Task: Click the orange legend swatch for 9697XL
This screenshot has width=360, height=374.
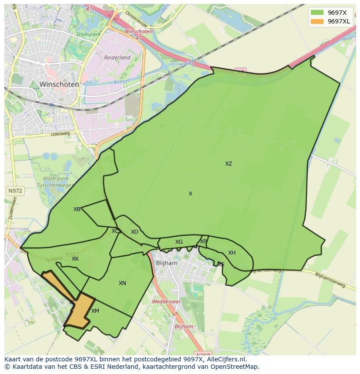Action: click(x=317, y=21)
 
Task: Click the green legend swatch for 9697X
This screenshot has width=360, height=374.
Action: click(x=317, y=12)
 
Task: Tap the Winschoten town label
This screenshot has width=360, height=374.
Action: click(x=59, y=84)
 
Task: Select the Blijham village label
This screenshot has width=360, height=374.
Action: click(x=167, y=263)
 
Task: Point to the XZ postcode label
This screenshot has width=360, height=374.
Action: click(x=229, y=164)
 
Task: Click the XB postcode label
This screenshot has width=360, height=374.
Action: click(x=77, y=209)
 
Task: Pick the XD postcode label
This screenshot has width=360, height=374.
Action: click(x=134, y=232)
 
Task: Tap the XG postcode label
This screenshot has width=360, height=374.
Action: click(x=179, y=242)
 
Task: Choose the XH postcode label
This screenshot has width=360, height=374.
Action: click(x=232, y=253)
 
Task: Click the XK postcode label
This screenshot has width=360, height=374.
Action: click(x=75, y=259)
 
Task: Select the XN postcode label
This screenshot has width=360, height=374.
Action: click(x=122, y=283)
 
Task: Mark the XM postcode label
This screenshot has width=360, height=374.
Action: click(x=95, y=311)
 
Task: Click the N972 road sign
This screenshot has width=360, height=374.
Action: click(x=15, y=191)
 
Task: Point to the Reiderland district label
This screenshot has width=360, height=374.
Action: click(x=117, y=57)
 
